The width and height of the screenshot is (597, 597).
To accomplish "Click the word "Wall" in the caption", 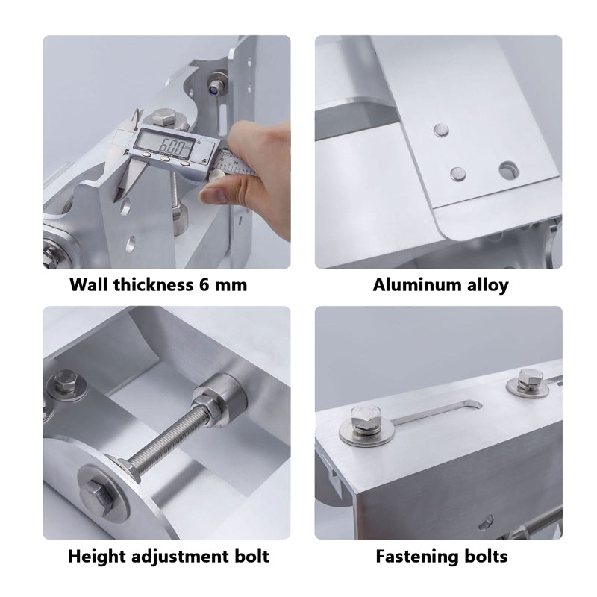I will coord(88,284).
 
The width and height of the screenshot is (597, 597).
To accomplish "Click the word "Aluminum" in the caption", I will coord(408,284).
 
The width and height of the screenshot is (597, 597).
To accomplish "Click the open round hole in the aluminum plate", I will coord(509,169).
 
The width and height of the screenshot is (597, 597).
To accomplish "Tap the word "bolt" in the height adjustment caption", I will coord(250,556).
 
